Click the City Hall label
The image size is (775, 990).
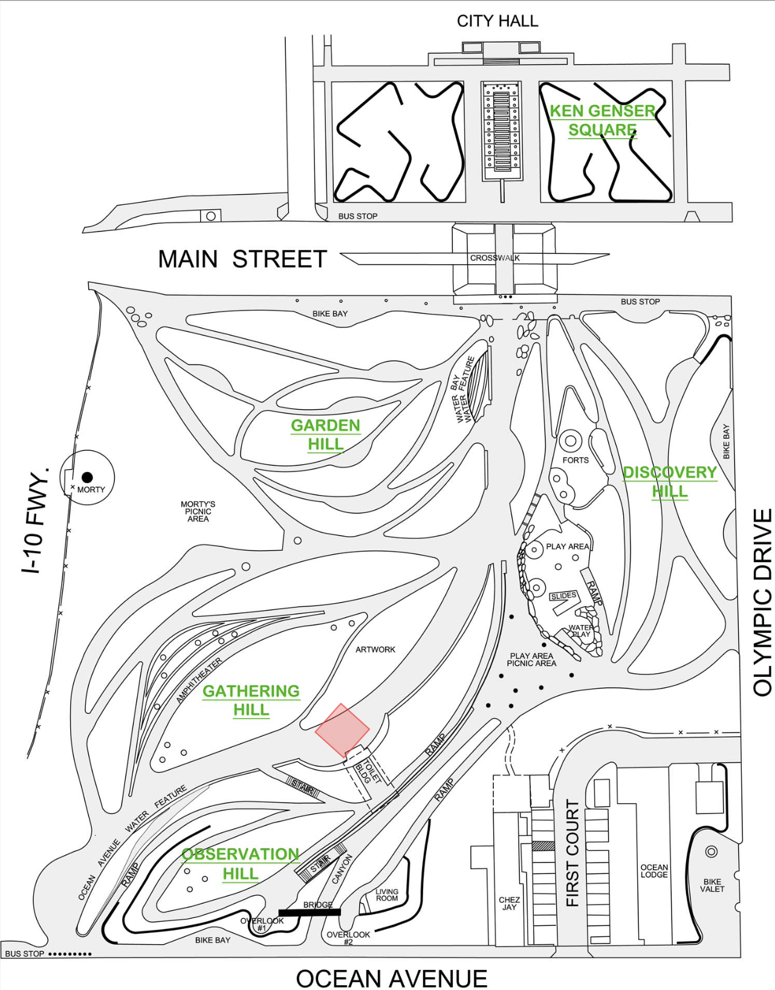tap(497, 21)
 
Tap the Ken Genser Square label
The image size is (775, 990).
tap(602, 120)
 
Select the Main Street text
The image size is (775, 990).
tap(242, 259)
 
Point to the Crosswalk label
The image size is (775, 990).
tap(495, 258)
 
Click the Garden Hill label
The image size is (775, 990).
tap(325, 435)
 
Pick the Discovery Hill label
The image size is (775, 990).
tap(669, 482)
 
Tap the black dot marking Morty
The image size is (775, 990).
tap(88, 477)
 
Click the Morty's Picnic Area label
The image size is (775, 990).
tap(198, 511)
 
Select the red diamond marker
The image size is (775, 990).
tap(342, 730)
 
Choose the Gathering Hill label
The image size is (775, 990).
tap(251, 700)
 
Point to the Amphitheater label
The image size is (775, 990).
tap(199, 680)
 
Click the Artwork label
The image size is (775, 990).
tap(375, 650)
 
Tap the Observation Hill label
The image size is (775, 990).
tap(241, 864)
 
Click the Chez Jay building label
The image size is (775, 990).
tap(509, 904)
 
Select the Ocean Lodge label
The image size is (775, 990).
tap(654, 871)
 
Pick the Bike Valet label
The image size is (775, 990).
tap(712, 885)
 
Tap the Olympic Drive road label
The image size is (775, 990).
tap(763, 602)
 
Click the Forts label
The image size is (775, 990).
tap(575, 460)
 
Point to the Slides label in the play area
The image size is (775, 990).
tap(563, 596)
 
